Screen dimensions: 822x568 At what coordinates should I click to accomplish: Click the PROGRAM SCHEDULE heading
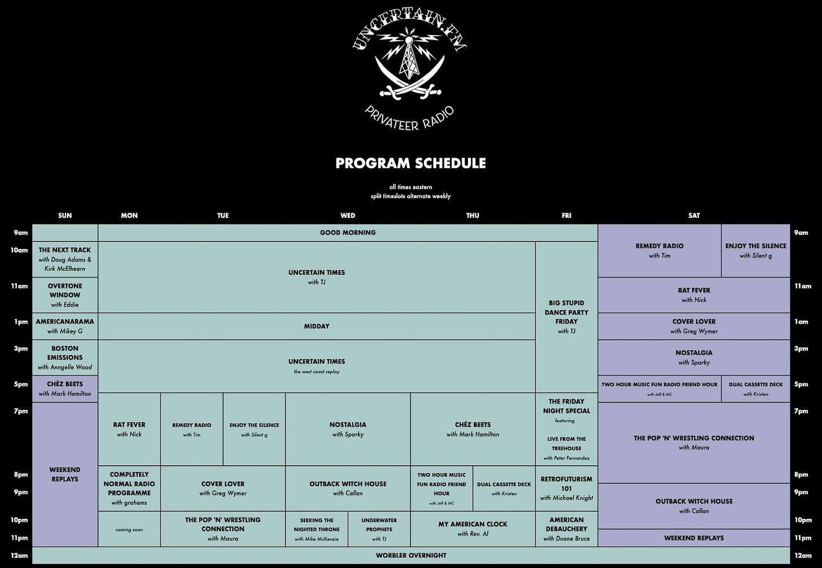[410, 163]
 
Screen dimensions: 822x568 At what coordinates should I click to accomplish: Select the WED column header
[348, 215]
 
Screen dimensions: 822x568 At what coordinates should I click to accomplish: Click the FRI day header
[566, 215]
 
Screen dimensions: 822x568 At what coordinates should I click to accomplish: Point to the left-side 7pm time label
[21, 411]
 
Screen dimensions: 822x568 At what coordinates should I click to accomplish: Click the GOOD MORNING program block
[348, 233]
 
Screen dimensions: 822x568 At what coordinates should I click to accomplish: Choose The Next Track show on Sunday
[65, 259]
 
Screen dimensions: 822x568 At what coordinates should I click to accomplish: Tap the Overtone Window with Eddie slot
[65, 295]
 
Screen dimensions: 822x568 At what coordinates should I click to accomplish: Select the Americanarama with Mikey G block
[65, 326]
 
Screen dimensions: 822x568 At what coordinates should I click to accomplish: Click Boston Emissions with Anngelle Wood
[65, 357]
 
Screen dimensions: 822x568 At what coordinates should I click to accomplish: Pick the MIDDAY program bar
[317, 326]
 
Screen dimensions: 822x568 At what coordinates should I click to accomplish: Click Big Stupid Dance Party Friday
[566, 317]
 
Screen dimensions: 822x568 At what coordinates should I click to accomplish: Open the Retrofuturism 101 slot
[566, 488]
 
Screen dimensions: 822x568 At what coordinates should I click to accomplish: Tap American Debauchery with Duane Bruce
[566, 529]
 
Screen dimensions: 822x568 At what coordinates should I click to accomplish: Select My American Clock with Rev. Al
[473, 528]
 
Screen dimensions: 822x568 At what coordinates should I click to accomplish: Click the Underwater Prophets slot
[379, 529]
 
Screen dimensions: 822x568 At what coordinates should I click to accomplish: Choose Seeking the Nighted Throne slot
[316, 529]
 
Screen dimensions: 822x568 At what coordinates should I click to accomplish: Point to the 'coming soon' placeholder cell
[129, 530]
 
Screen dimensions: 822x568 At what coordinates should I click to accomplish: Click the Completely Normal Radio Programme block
[129, 488]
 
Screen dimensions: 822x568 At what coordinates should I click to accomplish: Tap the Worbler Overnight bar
[411, 556]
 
